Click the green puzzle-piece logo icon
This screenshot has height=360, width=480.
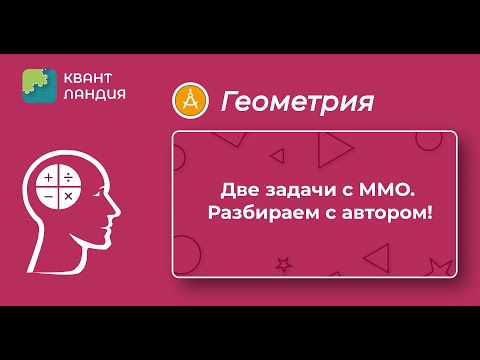[39, 85]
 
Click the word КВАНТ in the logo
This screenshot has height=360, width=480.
[89, 77]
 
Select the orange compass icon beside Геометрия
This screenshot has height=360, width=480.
[189, 100]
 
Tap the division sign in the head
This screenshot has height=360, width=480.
[68, 179]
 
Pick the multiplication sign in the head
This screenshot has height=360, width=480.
[68, 197]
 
